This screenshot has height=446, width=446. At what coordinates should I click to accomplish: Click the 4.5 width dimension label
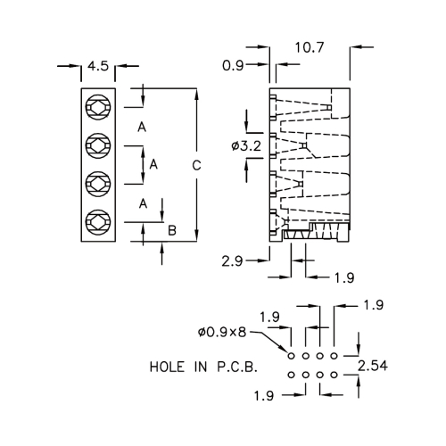[x=98, y=66]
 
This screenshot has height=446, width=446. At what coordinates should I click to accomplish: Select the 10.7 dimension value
[x=309, y=47]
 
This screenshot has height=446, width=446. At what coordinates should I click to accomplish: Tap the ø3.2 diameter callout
[x=246, y=146]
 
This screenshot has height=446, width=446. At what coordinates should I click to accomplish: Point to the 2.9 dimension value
[x=232, y=261]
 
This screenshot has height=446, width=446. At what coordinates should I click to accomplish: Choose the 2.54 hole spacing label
[x=373, y=366]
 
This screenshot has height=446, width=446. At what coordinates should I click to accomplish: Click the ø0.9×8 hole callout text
[x=222, y=332]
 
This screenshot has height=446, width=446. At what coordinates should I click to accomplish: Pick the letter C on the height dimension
[x=196, y=165]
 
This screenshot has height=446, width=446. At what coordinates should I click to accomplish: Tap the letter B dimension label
[x=172, y=230]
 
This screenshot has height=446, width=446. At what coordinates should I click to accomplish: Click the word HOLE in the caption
[x=167, y=367]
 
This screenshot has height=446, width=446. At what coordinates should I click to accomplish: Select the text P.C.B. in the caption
[x=237, y=367]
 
